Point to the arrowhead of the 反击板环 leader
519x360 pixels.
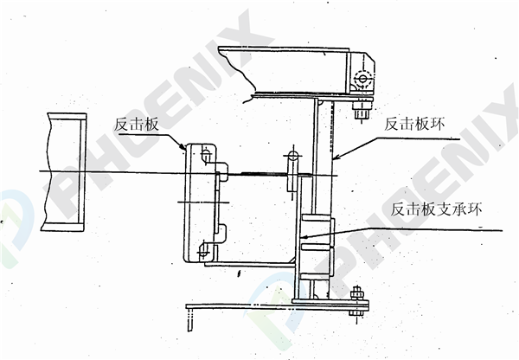click(x=333, y=159)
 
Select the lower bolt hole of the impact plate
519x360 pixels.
click(x=204, y=252)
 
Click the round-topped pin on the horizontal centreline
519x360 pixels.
click(x=292, y=157)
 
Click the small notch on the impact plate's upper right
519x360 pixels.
click(x=221, y=165)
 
